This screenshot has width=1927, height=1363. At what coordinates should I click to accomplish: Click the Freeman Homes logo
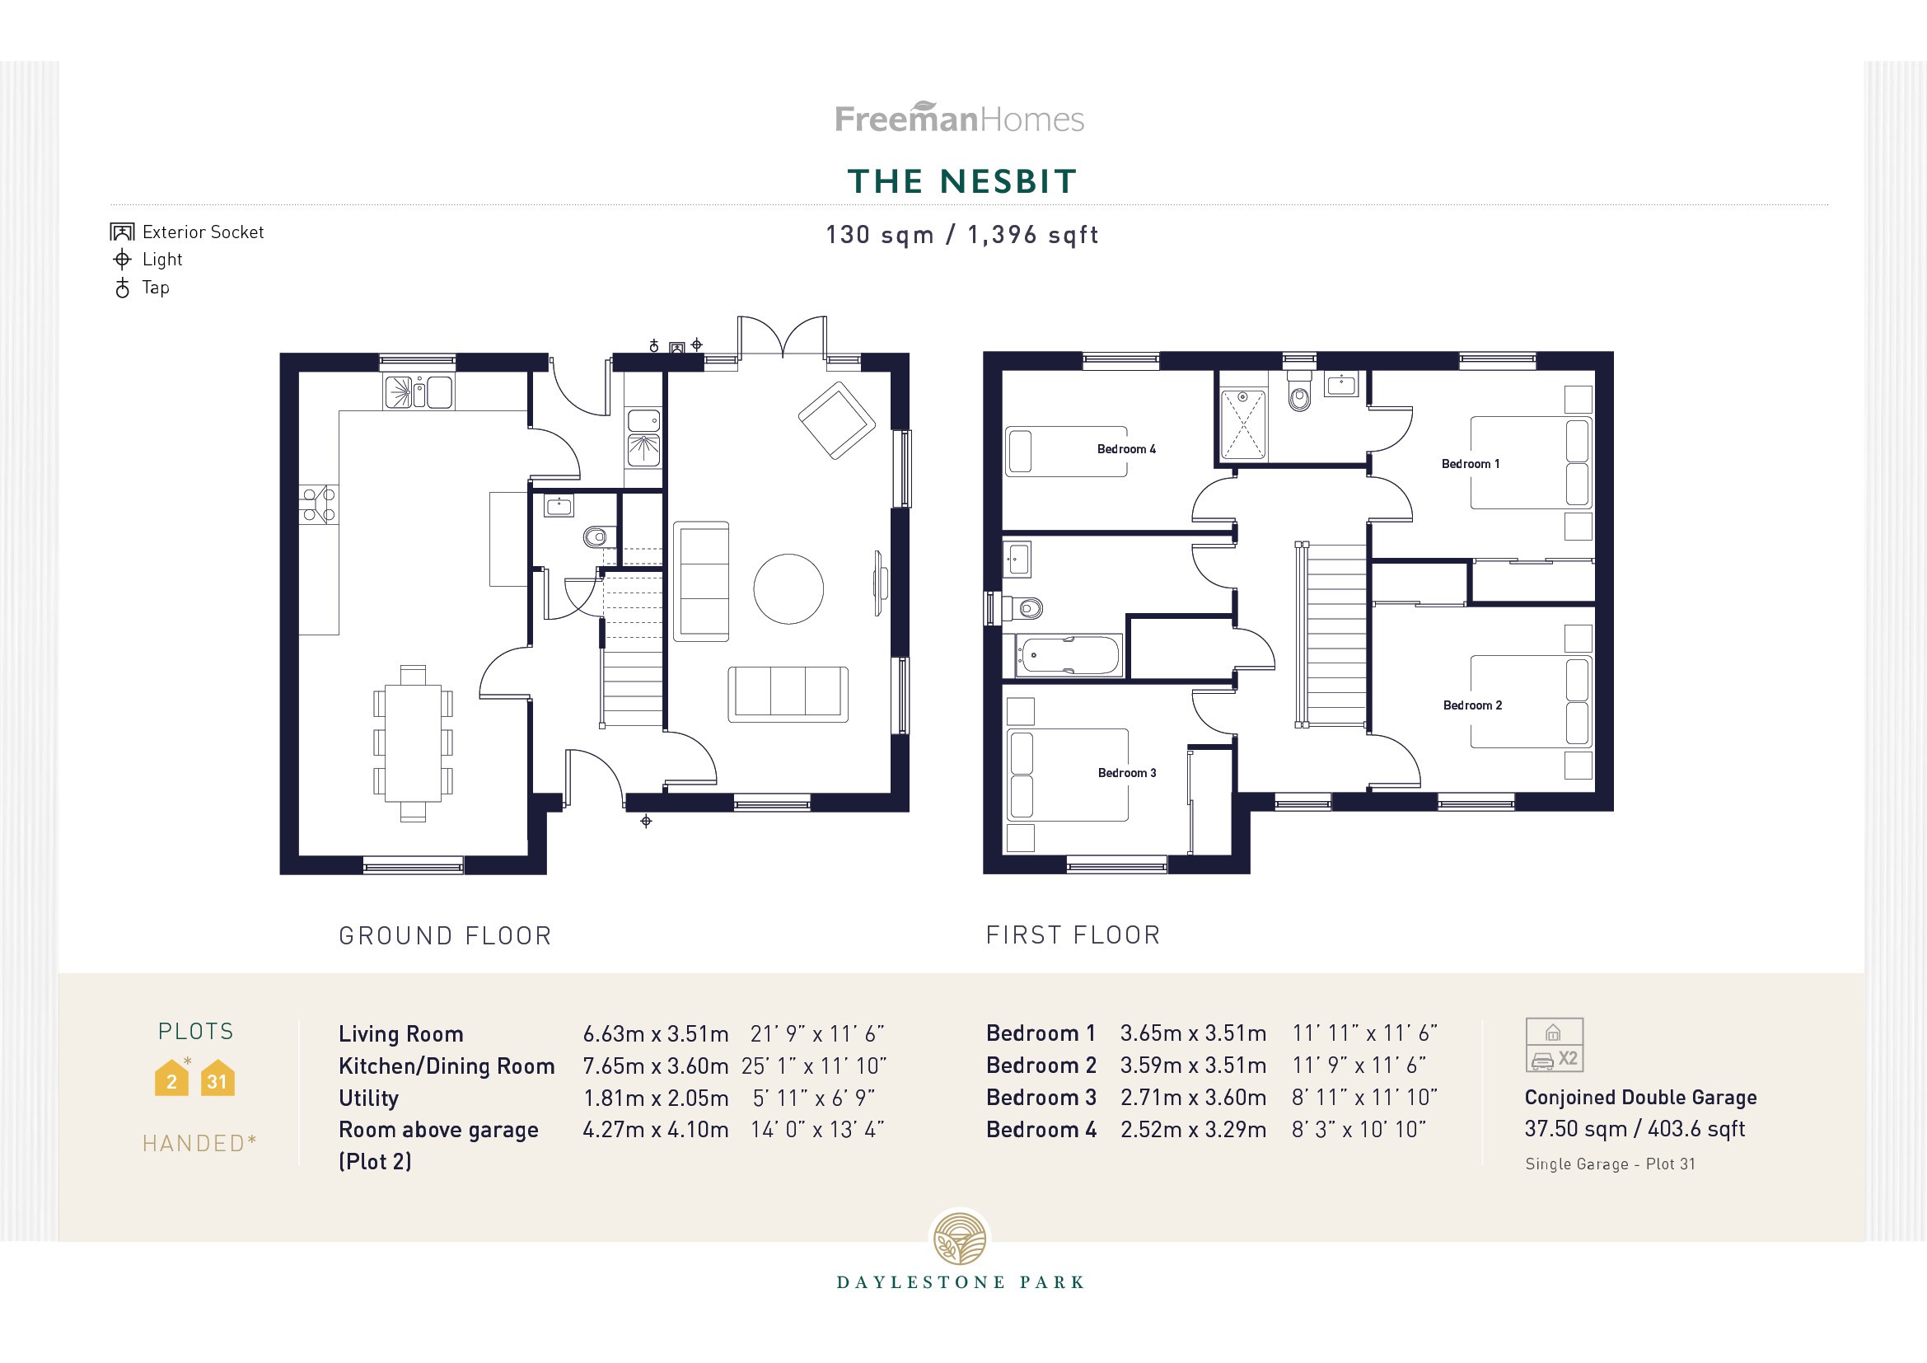click(x=959, y=119)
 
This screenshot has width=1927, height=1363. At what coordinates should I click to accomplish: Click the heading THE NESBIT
click(x=961, y=181)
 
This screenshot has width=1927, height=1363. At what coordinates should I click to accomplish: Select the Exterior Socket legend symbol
click(x=123, y=232)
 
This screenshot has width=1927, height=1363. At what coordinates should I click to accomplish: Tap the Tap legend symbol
click(x=123, y=288)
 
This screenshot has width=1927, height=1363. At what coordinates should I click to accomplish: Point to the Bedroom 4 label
click(x=1126, y=449)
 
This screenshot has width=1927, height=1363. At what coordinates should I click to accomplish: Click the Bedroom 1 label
click(x=1471, y=464)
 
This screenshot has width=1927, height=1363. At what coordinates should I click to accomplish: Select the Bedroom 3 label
click(x=1126, y=773)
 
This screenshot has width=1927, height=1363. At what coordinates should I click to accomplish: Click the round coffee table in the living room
click(x=788, y=588)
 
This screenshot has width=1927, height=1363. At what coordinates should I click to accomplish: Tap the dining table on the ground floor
click(x=412, y=742)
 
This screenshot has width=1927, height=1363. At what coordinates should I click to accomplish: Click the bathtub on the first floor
click(x=1069, y=655)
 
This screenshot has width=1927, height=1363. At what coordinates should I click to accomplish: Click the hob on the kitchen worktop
click(x=318, y=504)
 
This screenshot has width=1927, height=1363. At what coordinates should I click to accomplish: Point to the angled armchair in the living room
click(x=837, y=420)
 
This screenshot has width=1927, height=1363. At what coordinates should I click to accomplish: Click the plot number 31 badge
click(x=217, y=1081)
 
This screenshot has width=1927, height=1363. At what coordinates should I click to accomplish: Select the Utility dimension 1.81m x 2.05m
click(x=656, y=1098)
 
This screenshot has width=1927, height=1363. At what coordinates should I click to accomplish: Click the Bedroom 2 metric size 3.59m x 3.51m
click(x=1193, y=1065)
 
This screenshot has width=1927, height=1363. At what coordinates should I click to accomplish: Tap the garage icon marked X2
click(x=1555, y=1045)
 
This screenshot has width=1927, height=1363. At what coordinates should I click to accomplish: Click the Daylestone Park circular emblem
click(x=961, y=1239)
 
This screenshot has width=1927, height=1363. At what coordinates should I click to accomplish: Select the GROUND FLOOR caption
click(x=445, y=936)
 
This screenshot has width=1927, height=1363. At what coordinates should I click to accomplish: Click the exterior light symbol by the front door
click(x=646, y=821)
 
